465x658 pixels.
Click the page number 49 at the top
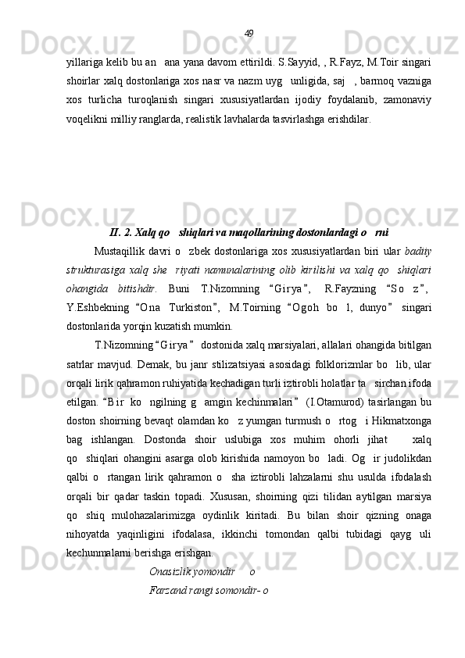(249, 33)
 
